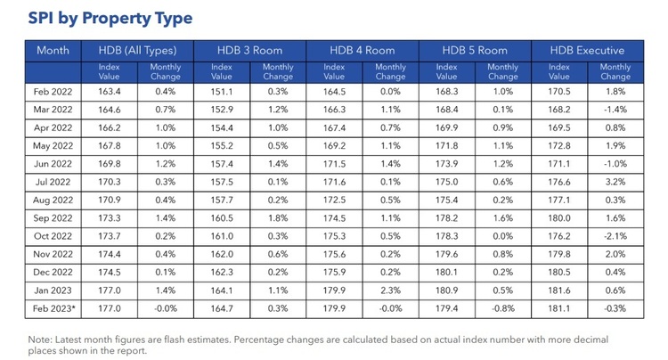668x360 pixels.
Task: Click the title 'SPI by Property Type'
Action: point(110,18)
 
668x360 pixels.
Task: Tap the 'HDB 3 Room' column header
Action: point(249,51)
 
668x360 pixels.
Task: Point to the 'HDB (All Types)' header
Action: point(138,51)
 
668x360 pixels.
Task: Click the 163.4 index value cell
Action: point(110,90)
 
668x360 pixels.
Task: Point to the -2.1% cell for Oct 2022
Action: point(615,236)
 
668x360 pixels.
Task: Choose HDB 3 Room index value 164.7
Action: point(222,308)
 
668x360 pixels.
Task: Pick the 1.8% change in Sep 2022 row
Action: point(278,217)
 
